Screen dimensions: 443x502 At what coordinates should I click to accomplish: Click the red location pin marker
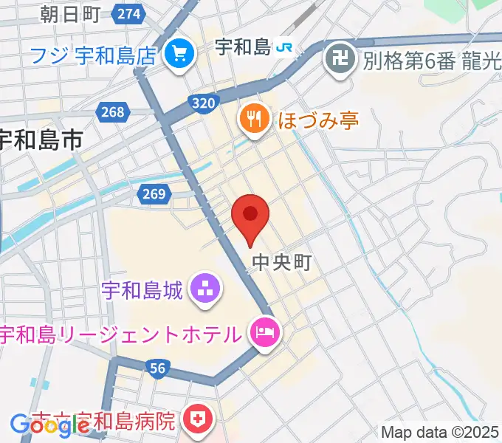250,216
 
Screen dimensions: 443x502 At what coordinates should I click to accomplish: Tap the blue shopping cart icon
178,53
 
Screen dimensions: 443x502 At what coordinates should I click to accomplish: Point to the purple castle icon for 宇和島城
204,289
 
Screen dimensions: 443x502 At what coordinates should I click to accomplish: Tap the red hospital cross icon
198,421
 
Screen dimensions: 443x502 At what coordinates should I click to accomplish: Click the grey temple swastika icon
340,58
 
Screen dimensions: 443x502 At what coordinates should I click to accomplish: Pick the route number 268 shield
113,111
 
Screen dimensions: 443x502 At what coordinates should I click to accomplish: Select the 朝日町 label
69,13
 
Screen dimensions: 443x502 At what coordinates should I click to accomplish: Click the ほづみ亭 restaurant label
318,119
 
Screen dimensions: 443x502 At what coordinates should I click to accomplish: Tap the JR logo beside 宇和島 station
283,48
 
